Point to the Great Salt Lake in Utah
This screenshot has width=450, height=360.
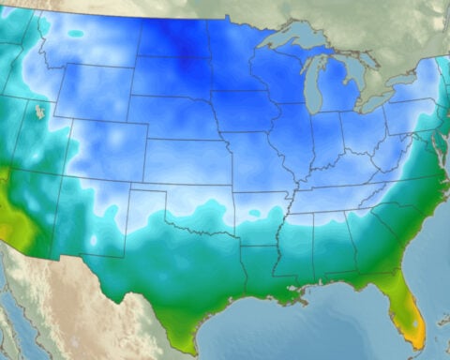point(38,112)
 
